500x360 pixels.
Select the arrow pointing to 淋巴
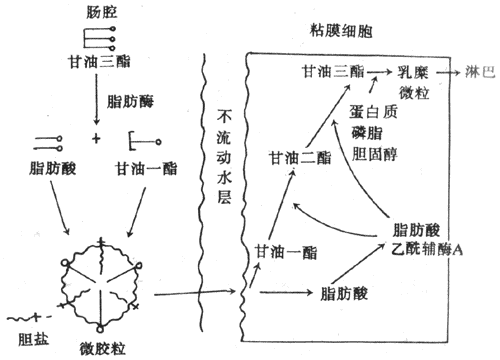(451, 73)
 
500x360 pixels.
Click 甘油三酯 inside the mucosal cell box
(331, 72)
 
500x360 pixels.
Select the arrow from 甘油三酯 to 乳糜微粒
(378, 73)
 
